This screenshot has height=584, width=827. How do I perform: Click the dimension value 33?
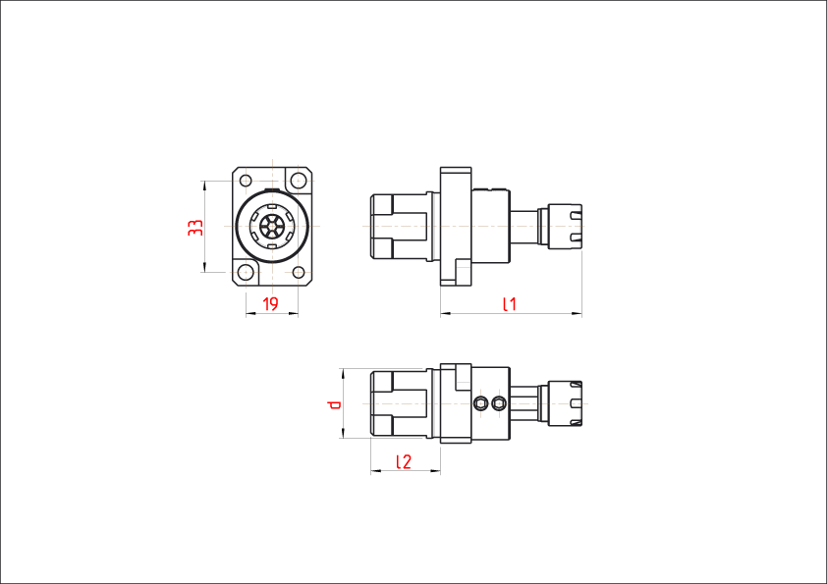pyautogui.click(x=195, y=228)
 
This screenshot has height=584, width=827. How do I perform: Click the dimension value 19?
pyautogui.click(x=270, y=304)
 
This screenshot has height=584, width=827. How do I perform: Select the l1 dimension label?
pyautogui.click(x=510, y=304)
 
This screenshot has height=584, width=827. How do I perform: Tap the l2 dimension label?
pyautogui.click(x=404, y=461)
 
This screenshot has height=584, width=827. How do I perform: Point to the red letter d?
pyautogui.click(x=334, y=404)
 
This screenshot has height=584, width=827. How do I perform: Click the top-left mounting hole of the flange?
pyautogui.click(x=246, y=181)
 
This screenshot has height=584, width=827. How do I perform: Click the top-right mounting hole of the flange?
pyautogui.click(x=298, y=181)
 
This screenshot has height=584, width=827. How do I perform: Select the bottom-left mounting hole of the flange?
pyautogui.click(x=246, y=273)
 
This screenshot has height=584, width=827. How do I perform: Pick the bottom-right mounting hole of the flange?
pyautogui.click(x=298, y=273)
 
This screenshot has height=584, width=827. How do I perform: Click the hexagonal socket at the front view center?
pyautogui.click(x=272, y=227)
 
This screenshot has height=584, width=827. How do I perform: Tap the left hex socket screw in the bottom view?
pyautogui.click(x=480, y=404)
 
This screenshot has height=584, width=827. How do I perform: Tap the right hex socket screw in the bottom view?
pyautogui.click(x=498, y=404)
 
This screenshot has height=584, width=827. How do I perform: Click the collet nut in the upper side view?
pyautogui.click(x=565, y=226)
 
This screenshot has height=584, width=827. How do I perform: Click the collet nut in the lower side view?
pyautogui.click(x=565, y=403)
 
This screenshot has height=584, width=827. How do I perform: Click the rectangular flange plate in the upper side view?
pyautogui.click(x=456, y=227)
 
